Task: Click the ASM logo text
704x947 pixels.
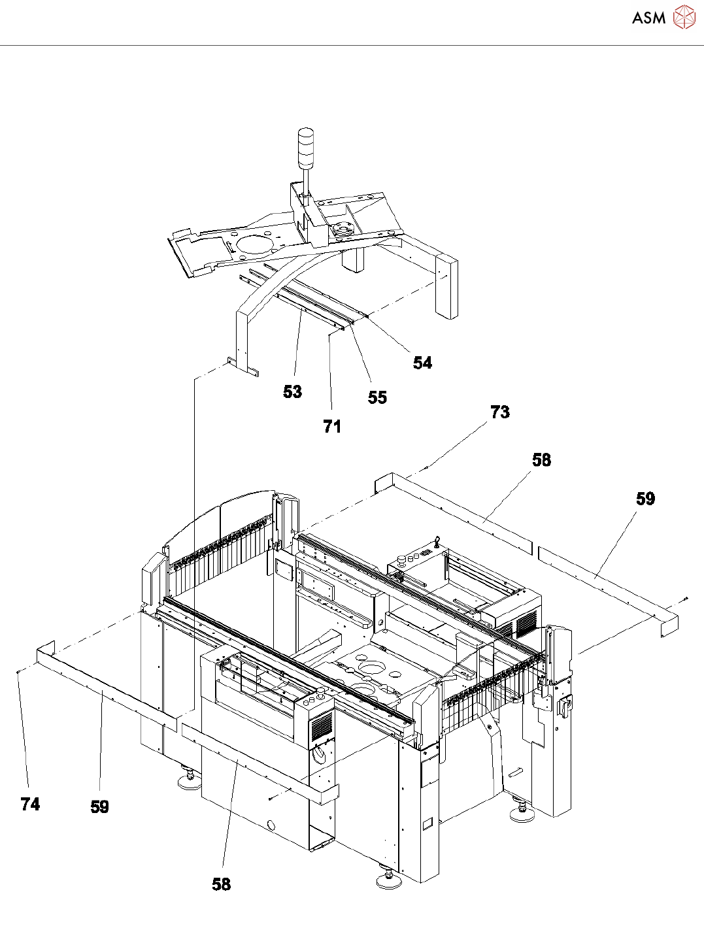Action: (x=648, y=18)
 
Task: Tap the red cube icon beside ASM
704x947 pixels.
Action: (x=684, y=17)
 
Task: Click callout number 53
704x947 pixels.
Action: (x=292, y=391)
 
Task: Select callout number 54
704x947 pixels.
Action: (x=422, y=363)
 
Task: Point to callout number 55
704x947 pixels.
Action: (x=377, y=397)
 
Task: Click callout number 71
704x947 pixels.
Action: (x=332, y=426)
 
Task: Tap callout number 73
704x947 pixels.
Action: (x=499, y=412)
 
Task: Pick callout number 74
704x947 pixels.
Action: (x=30, y=804)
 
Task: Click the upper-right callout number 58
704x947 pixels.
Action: (x=541, y=460)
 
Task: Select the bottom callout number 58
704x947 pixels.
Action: (x=222, y=884)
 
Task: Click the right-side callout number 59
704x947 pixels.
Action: (x=645, y=499)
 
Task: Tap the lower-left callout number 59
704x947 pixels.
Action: (x=99, y=807)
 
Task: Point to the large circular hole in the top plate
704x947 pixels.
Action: (x=252, y=244)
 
